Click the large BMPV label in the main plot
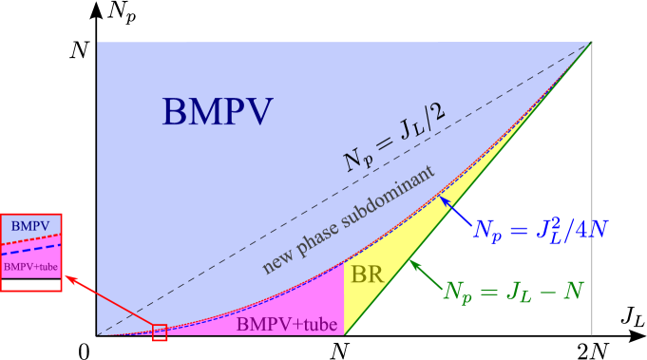(x=217, y=112)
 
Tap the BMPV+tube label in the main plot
(x=286, y=325)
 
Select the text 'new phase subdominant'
(x=348, y=219)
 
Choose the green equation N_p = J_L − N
(x=512, y=289)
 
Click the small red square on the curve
(x=160, y=332)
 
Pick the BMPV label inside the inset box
(x=30, y=225)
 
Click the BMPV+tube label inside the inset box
(x=30, y=267)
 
